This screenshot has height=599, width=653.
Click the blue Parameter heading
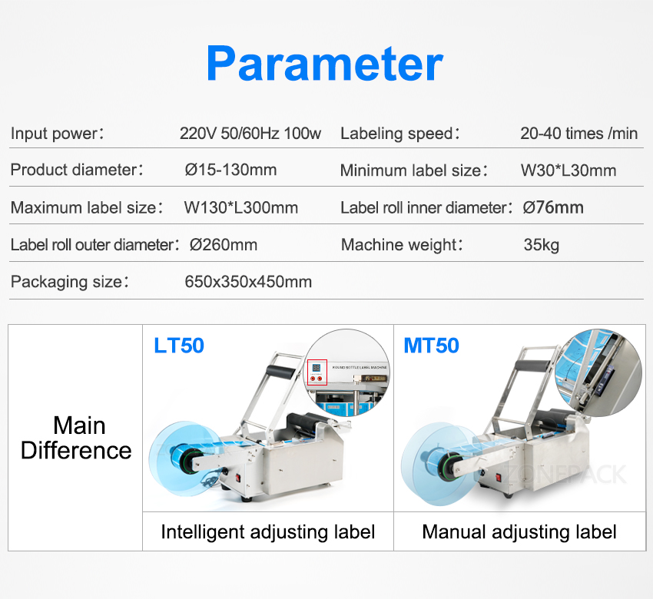[325, 64]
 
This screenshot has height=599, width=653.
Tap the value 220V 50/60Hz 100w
[250, 133]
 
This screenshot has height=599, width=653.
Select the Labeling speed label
[399, 134]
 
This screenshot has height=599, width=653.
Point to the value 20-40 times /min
[579, 133]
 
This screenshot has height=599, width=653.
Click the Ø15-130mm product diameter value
[230, 170]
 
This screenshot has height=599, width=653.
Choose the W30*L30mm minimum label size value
[568, 170]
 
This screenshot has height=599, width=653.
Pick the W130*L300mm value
[241, 207]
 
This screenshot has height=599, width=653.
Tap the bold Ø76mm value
[553, 207]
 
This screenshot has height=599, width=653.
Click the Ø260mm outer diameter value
[224, 245]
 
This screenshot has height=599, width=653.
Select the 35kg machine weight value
[542, 245]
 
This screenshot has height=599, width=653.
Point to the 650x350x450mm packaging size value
[248, 282]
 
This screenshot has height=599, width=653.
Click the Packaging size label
[70, 282]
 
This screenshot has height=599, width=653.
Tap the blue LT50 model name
[179, 346]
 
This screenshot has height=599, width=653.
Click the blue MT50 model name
[432, 346]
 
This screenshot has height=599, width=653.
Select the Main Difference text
[77, 438]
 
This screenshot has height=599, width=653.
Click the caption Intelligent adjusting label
[268, 532]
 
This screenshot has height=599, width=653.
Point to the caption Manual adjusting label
[519, 532]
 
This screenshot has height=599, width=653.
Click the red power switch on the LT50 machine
[238, 478]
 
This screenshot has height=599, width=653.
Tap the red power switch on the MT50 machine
[498, 478]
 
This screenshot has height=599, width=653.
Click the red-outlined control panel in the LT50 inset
[317, 372]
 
